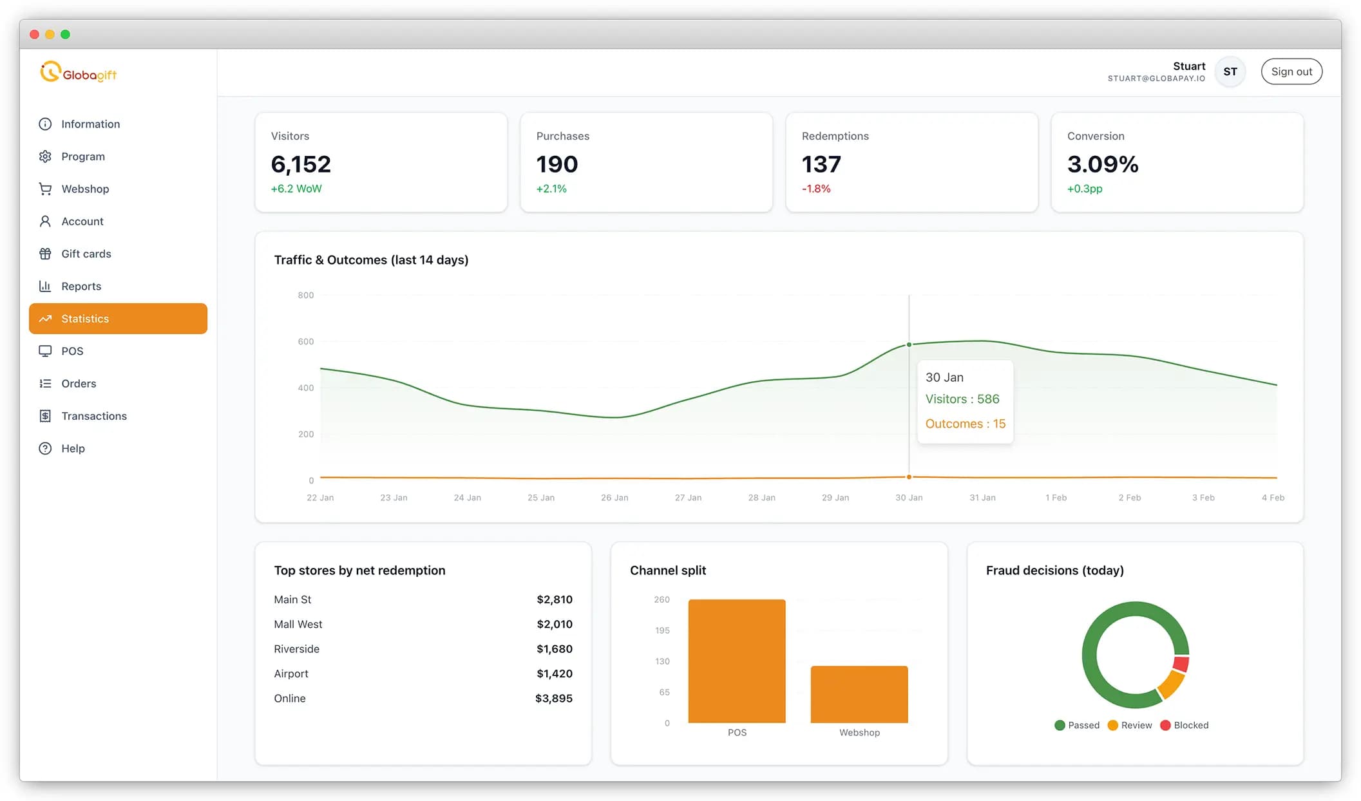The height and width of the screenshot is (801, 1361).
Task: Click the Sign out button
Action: pyautogui.click(x=1291, y=71)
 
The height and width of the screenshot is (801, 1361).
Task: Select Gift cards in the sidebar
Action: pyautogui.click(x=86, y=254)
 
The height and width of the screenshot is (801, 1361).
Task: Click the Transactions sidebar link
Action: pyautogui.click(x=93, y=416)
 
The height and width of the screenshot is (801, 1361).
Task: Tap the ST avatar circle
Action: pyautogui.click(x=1230, y=71)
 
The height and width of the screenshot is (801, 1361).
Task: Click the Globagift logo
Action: pyautogui.click(x=79, y=73)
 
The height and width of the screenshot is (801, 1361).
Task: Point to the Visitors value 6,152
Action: pyautogui.click(x=301, y=164)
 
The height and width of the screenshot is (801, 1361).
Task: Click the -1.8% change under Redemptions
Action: pyautogui.click(x=815, y=189)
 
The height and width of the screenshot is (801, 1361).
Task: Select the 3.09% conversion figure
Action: pyautogui.click(x=1102, y=164)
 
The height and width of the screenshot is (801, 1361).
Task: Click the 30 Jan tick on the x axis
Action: pyautogui.click(x=908, y=498)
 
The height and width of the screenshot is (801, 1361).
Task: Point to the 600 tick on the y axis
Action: pyautogui.click(x=305, y=342)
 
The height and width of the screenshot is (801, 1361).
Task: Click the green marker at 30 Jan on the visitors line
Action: pyautogui.click(x=909, y=344)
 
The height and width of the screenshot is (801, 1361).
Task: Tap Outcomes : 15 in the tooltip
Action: pyautogui.click(x=965, y=424)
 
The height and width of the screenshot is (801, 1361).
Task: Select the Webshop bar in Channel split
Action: pyautogui.click(x=859, y=694)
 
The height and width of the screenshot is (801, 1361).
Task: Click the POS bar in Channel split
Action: pyautogui.click(x=736, y=661)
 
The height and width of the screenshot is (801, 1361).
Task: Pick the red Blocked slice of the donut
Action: pyautogui.click(x=1181, y=664)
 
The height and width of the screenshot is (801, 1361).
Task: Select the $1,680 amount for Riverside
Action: pyautogui.click(x=554, y=649)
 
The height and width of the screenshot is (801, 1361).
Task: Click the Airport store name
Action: pyautogui.click(x=291, y=674)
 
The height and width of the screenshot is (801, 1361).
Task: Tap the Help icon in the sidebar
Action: pyautogui.click(x=45, y=449)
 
